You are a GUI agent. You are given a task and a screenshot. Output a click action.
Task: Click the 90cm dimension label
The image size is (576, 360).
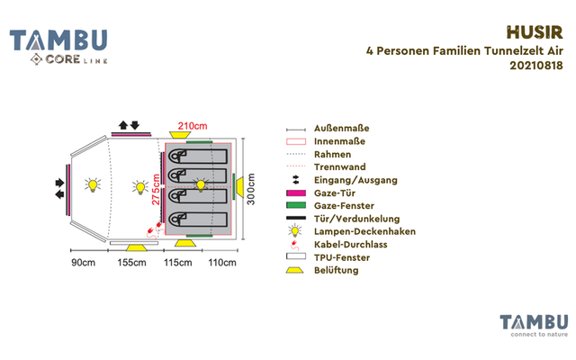click(x=83, y=263)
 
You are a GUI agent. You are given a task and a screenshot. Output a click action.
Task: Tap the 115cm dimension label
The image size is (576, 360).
click(x=177, y=263)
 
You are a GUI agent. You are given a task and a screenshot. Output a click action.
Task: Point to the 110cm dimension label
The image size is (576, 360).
click(x=221, y=263)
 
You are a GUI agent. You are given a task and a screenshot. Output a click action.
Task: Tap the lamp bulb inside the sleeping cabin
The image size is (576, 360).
click(x=201, y=184)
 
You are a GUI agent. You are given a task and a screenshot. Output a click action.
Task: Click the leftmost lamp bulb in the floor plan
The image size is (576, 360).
click(x=90, y=186)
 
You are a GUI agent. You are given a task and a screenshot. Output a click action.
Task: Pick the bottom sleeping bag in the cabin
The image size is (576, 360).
click(x=198, y=217)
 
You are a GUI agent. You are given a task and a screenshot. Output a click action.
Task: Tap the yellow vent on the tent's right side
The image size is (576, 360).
click(x=239, y=187)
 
